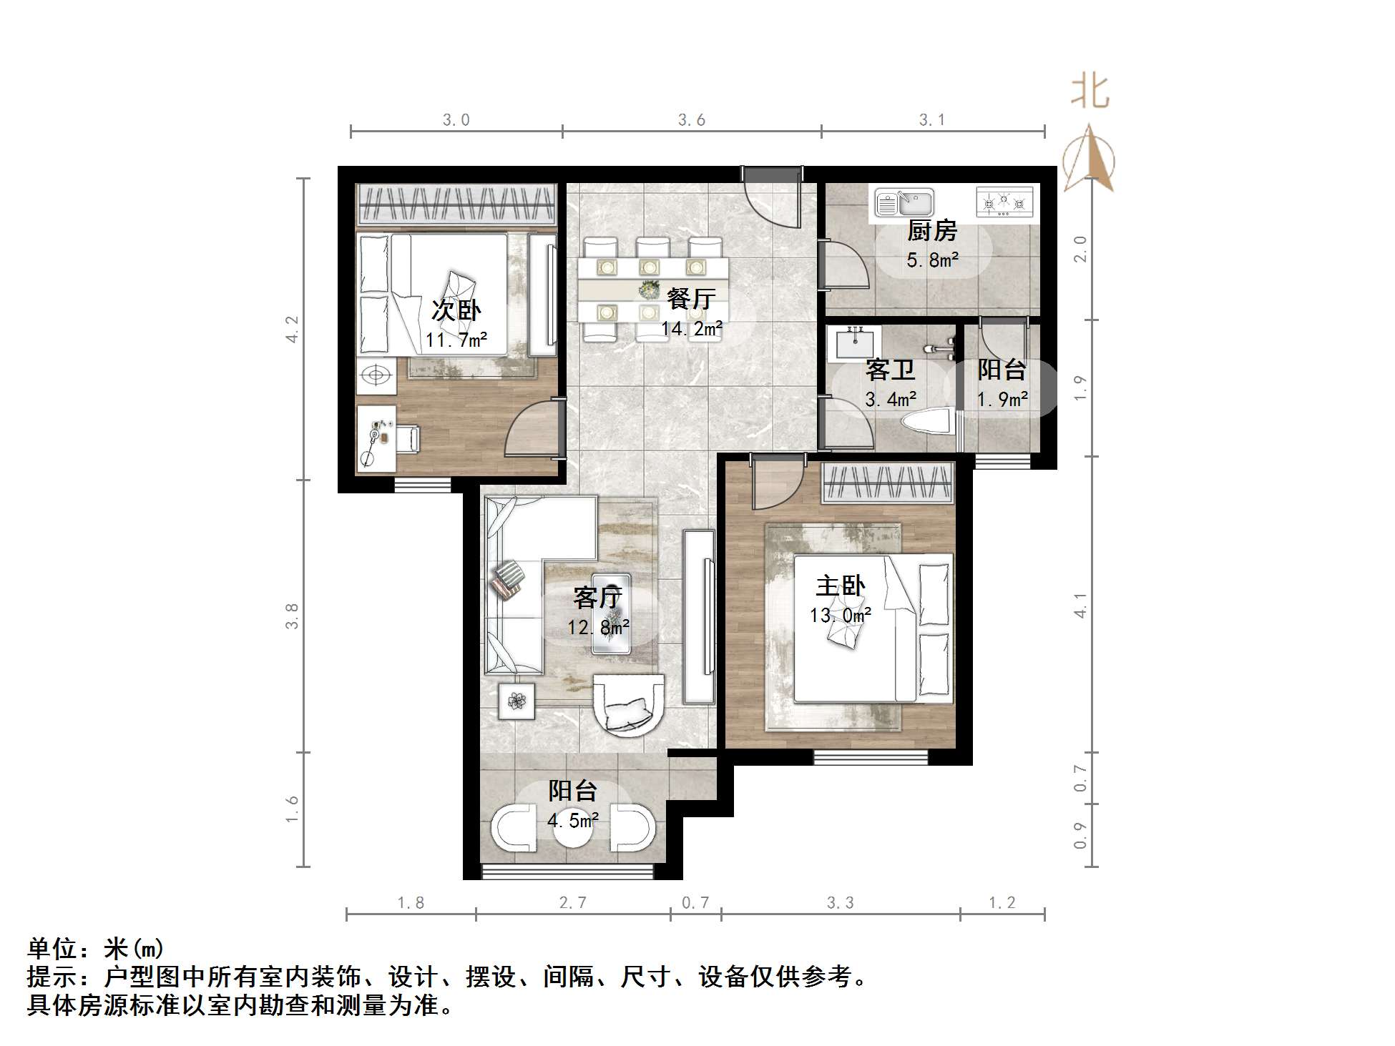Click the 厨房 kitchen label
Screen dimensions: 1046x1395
tap(931, 231)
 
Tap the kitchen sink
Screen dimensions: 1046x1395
tap(905, 203)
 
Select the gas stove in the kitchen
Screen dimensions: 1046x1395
tap(1004, 203)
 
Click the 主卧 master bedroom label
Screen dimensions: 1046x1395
tap(841, 586)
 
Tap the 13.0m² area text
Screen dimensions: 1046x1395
tap(840, 615)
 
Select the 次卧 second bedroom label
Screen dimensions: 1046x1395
tap(456, 310)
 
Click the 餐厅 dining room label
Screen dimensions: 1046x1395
tap(690, 299)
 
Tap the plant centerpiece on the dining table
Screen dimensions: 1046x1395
tap(650, 290)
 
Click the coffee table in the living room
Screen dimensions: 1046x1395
tap(612, 613)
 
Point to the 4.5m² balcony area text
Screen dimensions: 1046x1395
tap(573, 820)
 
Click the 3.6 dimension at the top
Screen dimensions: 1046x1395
tap(692, 120)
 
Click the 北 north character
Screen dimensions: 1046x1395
tap(1090, 93)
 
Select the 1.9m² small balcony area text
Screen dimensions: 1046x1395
tap(1003, 399)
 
